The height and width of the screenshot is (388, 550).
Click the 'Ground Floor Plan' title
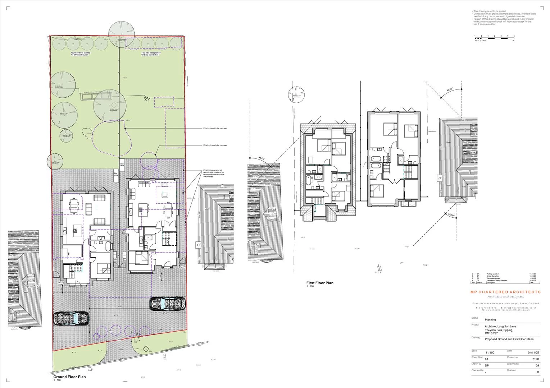pyautogui.click(x=69, y=377)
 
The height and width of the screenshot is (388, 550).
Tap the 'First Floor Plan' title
pyautogui.click(x=320, y=283)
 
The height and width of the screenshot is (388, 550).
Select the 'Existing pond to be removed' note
pyautogui.click(x=215, y=128)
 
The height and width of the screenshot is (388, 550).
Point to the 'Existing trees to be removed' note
pyautogui.click(x=215, y=145)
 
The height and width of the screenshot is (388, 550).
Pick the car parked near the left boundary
pyautogui.click(x=71, y=318)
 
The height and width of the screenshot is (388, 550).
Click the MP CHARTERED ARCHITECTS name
pyautogui.click(x=505, y=292)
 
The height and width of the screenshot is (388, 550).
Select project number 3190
pyautogui.click(x=536, y=359)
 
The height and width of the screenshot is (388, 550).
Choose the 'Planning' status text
pyautogui.click(x=490, y=319)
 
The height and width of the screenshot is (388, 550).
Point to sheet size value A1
pyautogui.click(x=487, y=359)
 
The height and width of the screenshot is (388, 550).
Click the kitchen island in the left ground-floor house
pyautogui.click(x=76, y=230)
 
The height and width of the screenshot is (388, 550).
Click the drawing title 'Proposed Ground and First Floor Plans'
pyautogui.click(x=509, y=339)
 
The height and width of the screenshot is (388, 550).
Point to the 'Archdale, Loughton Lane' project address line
pyautogui.click(x=500, y=326)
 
